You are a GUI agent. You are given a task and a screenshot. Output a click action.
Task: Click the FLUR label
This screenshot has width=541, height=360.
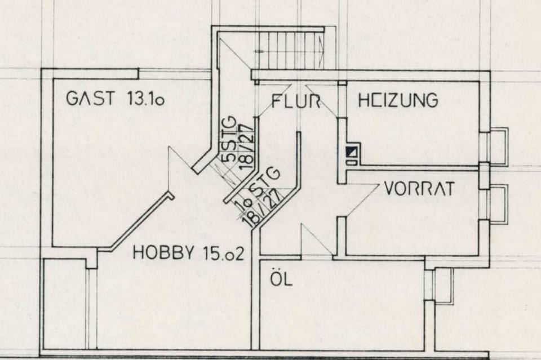296,101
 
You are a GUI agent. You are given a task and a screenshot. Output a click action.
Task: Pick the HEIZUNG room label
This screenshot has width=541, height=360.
398,100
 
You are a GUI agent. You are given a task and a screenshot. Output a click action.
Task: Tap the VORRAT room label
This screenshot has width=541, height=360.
419,189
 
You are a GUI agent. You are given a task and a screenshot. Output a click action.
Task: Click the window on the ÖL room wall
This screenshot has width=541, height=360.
442,286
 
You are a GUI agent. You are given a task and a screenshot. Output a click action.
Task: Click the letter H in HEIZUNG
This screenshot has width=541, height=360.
364,100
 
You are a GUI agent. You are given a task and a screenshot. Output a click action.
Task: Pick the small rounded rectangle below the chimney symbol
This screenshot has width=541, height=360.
351,162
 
